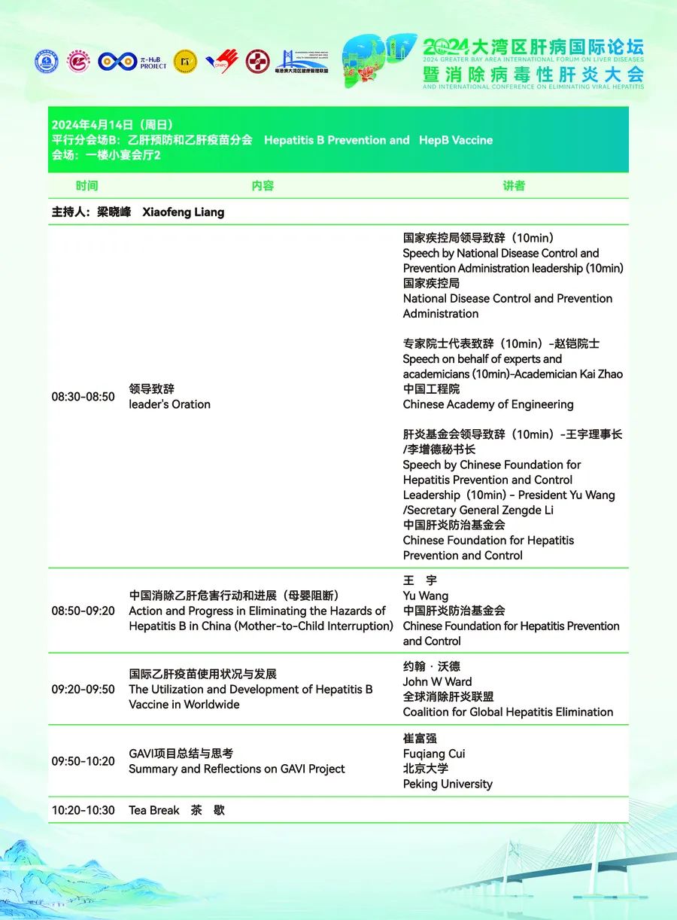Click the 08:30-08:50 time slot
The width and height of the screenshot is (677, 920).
pyautogui.click(x=83, y=397)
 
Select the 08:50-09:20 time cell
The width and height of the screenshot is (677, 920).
pyautogui.click(x=83, y=611)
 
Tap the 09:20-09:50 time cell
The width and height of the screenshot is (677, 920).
pyautogui.click(x=83, y=689)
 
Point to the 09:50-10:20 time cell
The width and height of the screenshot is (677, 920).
pyautogui.click(x=83, y=761)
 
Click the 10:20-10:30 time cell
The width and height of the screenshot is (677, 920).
pyautogui.click(x=83, y=810)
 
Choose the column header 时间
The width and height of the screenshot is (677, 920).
pyautogui.click(x=87, y=185)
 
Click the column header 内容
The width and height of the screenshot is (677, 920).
pyautogui.click(x=263, y=185)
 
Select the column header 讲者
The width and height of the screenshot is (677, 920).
pyautogui.click(x=514, y=185)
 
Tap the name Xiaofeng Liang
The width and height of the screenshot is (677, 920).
pyautogui.click(x=184, y=212)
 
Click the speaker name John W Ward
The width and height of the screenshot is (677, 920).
pyautogui.click(x=438, y=681)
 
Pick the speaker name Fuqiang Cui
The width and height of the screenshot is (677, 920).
pyautogui.click(x=434, y=754)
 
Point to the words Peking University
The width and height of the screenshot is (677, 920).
pyautogui.click(x=448, y=784)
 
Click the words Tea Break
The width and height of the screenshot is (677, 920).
pyautogui.click(x=154, y=810)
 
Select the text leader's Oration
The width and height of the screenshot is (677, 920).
pyautogui.click(x=169, y=404)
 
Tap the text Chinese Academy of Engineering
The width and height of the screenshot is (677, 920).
pyautogui.click(x=488, y=404)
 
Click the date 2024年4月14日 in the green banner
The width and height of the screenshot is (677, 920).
pyautogui.click(x=93, y=125)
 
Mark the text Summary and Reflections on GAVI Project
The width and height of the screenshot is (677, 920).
pyautogui.click(x=237, y=769)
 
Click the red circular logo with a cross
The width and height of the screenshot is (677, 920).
pyautogui.click(x=257, y=61)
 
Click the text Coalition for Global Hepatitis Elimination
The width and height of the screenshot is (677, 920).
pyautogui.click(x=508, y=711)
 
